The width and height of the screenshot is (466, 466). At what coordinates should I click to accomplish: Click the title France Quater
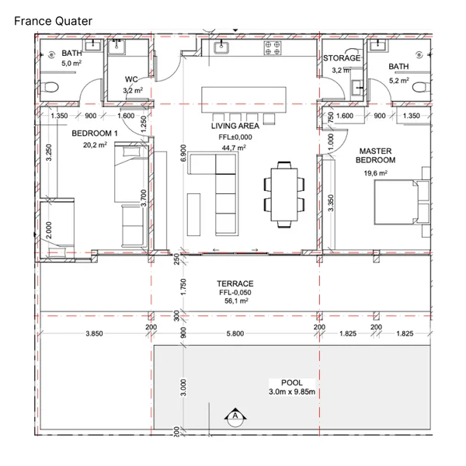pyautogui.click(x=53, y=21)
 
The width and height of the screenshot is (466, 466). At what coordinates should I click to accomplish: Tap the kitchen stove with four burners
pyautogui.click(x=273, y=48)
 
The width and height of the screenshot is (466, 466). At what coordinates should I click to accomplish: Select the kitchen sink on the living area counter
pyautogui.click(x=221, y=47)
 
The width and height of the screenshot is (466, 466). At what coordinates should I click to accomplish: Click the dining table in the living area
pyautogui.click(x=284, y=195)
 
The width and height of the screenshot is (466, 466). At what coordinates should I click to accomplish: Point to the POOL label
pyautogui.click(x=292, y=382)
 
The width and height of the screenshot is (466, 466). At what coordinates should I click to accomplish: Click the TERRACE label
pyautogui.click(x=235, y=283)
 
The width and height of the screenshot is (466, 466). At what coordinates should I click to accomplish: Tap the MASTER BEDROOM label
pyautogui.click(x=375, y=155)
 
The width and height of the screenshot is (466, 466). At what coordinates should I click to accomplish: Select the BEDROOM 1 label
pyautogui.click(x=95, y=134)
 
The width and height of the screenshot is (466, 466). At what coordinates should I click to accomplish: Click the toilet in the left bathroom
pyautogui.click(x=50, y=88)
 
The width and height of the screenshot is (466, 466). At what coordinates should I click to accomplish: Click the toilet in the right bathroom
pyautogui.click(x=422, y=87)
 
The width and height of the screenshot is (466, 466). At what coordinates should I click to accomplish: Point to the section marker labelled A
pyautogui.click(x=235, y=417)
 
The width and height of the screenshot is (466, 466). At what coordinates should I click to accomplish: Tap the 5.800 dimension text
pyautogui.click(x=235, y=333)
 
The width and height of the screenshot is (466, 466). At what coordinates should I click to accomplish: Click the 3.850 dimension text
pyautogui.click(x=94, y=333)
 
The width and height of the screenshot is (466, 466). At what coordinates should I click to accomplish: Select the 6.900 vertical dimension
pyautogui.click(x=183, y=153)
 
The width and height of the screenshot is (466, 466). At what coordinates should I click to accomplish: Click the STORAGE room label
pyautogui.click(x=342, y=58)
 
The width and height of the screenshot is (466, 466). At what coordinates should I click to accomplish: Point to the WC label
pyautogui.click(x=131, y=79)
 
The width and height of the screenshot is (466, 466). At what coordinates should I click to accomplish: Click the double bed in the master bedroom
pyautogui.click(x=402, y=202)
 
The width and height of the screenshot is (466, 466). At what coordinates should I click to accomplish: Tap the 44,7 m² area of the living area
pyautogui.click(x=234, y=148)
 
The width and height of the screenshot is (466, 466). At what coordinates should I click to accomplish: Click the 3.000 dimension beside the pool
pyautogui.click(x=183, y=388)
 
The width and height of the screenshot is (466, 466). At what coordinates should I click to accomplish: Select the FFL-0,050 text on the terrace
pyautogui.click(x=235, y=293)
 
